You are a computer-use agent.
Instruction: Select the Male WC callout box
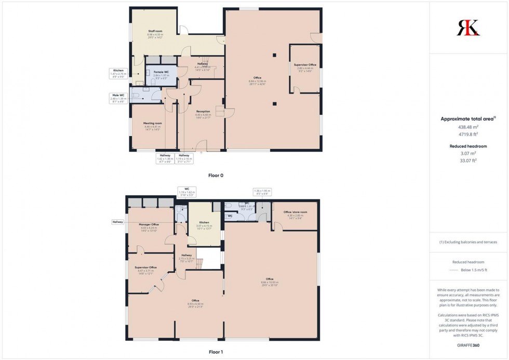pos(119,98)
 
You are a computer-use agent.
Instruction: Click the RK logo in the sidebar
pos(468,28)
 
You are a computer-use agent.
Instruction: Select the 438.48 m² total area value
pos(468,127)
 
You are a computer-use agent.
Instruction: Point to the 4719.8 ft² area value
pos(468,135)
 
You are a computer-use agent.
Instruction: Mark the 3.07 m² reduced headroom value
pos(468,154)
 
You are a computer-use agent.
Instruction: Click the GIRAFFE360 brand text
pos(468,345)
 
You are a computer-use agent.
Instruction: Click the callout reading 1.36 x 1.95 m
pos(262,192)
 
